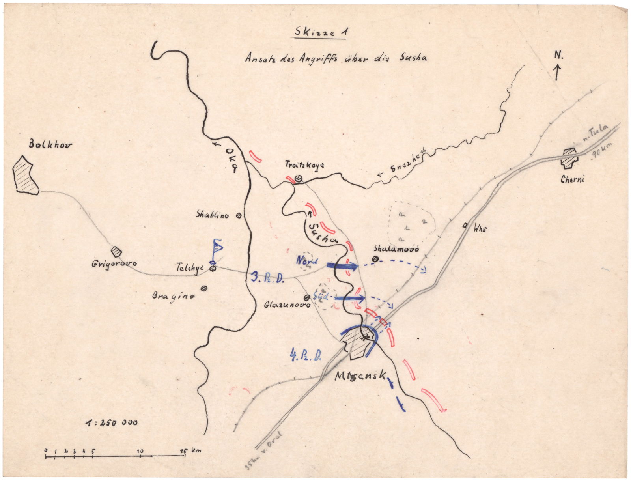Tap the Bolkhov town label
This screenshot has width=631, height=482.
(x=50, y=145)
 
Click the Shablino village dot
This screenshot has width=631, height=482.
(x=239, y=215)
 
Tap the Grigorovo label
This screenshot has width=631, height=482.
(x=111, y=263)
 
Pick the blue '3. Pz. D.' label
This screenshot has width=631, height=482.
(x=267, y=276)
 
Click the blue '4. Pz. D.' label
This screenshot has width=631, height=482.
(x=306, y=356)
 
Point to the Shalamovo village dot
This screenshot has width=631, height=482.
(x=375, y=259)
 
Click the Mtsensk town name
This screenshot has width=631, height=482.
(x=360, y=376)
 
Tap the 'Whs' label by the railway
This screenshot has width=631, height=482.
(x=480, y=228)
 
